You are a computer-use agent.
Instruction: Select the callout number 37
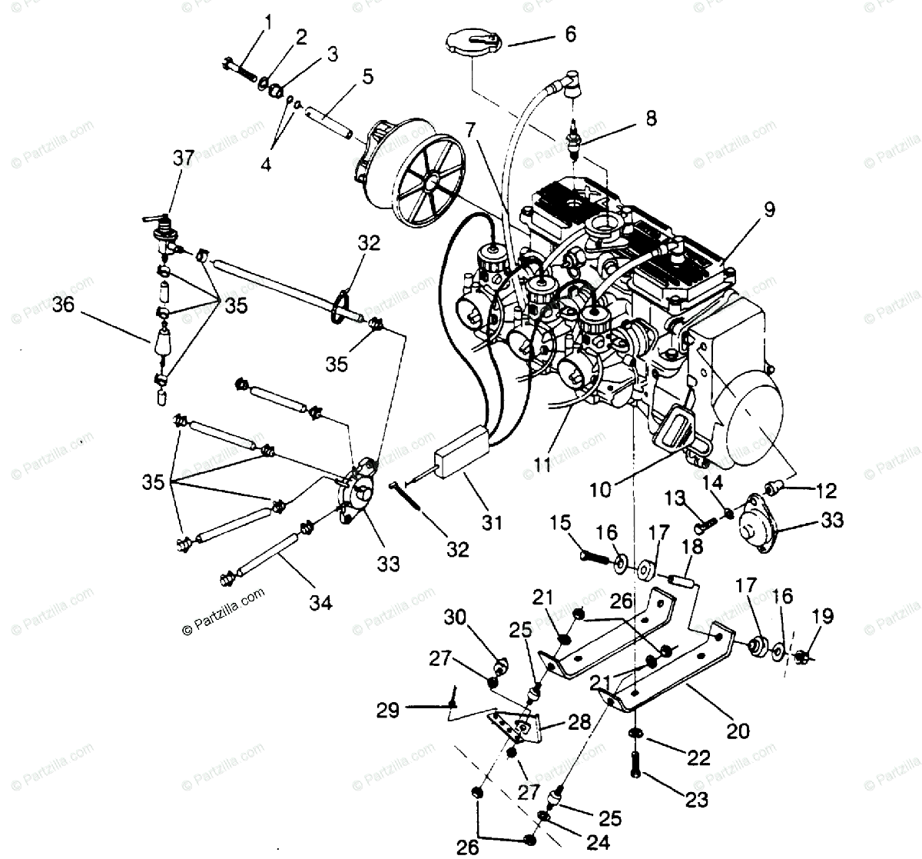pos(183,158)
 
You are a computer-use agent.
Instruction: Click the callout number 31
pos(491,523)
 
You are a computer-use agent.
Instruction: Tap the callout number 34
pos(320,603)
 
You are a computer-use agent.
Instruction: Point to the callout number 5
pos(367,76)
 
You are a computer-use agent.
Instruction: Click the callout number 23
pos(696,800)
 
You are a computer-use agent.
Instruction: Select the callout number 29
pos(388,709)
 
